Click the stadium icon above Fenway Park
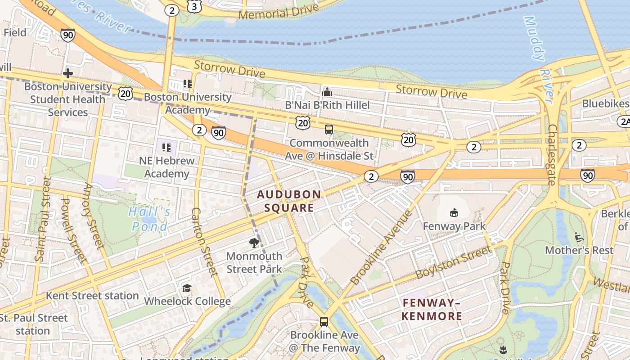coord(454,212)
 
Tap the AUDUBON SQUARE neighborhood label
coord(289,201)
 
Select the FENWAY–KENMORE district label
coord(432,309)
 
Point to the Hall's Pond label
coord(149,219)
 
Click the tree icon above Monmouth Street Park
coord(254,243)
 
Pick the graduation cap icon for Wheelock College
coord(187,288)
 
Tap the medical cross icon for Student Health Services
coord(68,73)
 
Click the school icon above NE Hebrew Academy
coord(166,147)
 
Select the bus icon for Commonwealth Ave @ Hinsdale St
coord(329,130)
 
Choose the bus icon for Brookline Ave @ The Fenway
coord(324,321)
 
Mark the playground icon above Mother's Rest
coord(579,237)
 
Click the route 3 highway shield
coord(194,6)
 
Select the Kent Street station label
coord(92,296)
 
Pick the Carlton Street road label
coord(204,242)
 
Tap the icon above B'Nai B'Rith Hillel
coord(327,92)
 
